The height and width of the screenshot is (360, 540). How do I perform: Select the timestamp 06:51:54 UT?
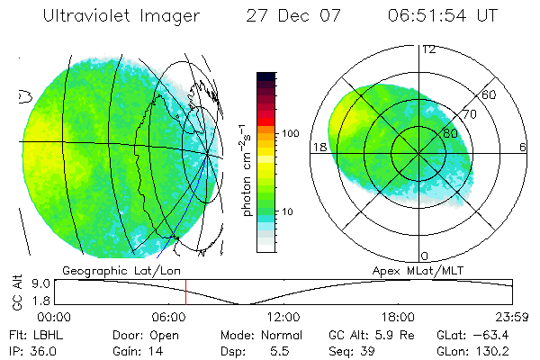coord(449,16)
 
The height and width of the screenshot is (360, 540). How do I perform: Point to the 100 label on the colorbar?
coord(290,133)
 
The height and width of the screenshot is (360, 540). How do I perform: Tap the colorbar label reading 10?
coord(288,211)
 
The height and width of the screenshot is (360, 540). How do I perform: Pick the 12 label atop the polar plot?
coord(427,49)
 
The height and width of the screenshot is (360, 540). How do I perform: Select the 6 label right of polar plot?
coord(523,147)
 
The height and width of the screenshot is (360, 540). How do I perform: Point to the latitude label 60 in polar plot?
coord(490,94)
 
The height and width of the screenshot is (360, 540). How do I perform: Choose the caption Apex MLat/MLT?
coord(413,269)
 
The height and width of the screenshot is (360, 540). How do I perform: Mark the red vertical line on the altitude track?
coord(185,292)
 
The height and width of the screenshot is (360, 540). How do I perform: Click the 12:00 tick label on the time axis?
coord(284,318)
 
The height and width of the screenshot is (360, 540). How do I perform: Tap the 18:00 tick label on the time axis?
coord(398,318)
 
